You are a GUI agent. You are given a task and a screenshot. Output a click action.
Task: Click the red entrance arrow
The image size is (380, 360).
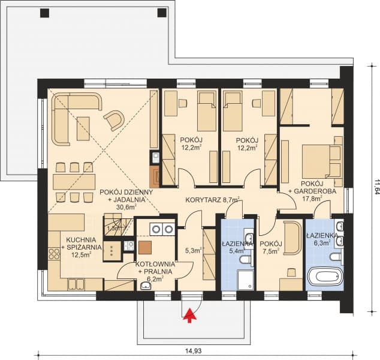(x=191, y=314)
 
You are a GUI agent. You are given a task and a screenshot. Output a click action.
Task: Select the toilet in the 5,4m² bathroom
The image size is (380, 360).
(x=242, y=259)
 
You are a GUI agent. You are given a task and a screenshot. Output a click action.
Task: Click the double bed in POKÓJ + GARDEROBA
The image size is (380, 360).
(x=321, y=159)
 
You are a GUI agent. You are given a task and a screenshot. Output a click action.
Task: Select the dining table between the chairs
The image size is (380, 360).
(x=73, y=181)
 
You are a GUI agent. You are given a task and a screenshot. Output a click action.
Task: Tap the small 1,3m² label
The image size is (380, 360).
(x=112, y=228)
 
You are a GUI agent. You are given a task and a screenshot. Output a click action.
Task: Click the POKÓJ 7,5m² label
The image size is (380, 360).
(x=271, y=248)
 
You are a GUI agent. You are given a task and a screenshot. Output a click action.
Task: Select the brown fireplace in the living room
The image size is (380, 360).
(x=155, y=175)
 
